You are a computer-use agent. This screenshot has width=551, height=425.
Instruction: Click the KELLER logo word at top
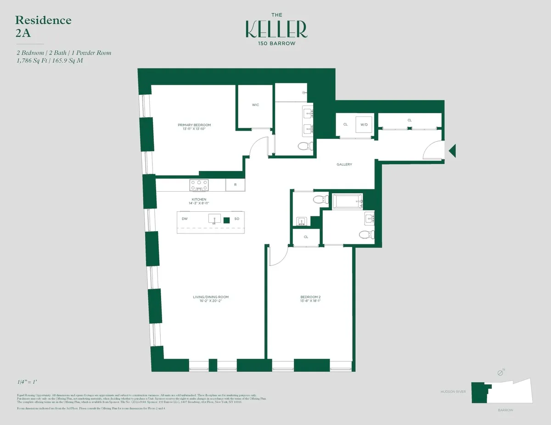pos(276,29)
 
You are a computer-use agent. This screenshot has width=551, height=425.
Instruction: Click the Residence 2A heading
pos(43,26)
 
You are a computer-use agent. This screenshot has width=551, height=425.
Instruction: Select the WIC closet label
pos(255,105)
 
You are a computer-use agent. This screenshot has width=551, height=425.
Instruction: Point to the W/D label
pos(364,124)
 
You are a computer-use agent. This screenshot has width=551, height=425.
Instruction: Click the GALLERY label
pos(344,164)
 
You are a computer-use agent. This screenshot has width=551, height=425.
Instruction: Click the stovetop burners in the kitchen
pos(199,185)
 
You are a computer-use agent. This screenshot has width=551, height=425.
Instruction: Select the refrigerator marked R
pos(235,185)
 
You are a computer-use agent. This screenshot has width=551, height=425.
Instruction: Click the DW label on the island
pos(185,219)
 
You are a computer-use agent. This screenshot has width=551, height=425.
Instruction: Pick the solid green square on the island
pos(226,220)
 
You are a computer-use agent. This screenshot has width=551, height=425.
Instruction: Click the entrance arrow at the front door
pos(452,150)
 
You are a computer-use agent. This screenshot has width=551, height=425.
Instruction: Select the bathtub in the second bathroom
pos(348,201)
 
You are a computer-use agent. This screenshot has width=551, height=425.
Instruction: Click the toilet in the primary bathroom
pos(304,146)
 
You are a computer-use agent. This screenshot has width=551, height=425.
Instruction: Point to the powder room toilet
pos(318,199)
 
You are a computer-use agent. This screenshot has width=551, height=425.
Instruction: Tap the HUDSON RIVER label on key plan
pos(453,392)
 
